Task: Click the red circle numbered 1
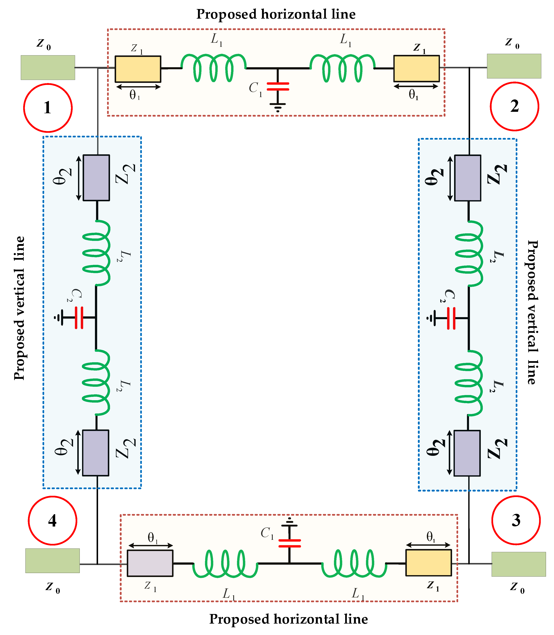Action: [48, 108]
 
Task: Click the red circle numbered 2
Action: [514, 106]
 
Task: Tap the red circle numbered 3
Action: [516, 520]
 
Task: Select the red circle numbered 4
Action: [53, 520]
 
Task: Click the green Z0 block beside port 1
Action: [48, 67]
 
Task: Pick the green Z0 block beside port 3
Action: [518, 564]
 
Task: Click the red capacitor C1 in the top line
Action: [278, 86]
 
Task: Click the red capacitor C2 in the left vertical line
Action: [79, 317]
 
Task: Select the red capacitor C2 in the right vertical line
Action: [451, 318]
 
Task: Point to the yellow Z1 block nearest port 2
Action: [416, 68]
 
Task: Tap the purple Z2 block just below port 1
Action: [96, 178]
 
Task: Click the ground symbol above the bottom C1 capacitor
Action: [289, 522]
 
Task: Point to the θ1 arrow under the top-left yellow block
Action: [138, 87]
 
